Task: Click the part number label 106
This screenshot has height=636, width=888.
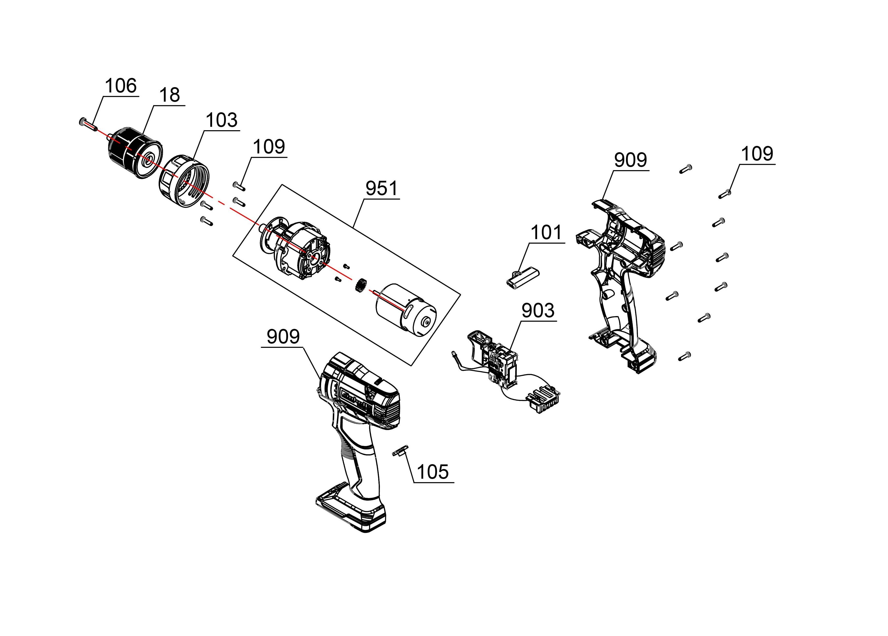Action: [121, 86]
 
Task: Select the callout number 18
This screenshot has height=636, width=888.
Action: [170, 95]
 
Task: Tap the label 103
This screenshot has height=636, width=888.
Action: [222, 120]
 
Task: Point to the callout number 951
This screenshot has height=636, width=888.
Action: [382, 188]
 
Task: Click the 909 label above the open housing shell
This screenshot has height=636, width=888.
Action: [630, 160]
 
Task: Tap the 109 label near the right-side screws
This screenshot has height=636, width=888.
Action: [757, 154]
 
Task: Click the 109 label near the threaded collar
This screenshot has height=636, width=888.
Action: [269, 147]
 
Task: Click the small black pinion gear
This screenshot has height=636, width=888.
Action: [360, 285]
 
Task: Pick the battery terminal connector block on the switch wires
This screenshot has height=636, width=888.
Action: [544, 400]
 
